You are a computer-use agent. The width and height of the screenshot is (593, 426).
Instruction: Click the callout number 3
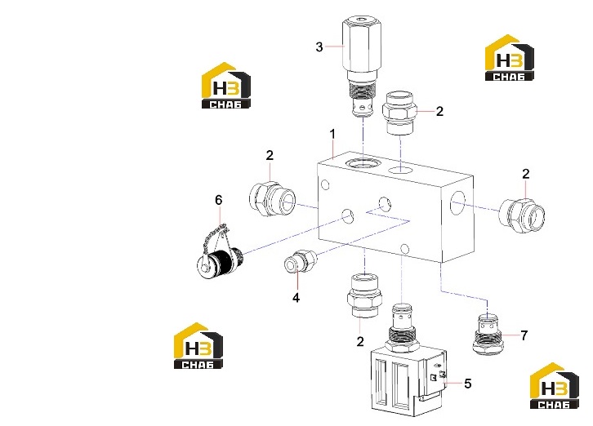[x=319, y=47]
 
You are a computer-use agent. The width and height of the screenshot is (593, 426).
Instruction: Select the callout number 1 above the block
[x=332, y=134]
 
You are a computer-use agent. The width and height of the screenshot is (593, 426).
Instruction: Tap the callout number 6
[x=219, y=200]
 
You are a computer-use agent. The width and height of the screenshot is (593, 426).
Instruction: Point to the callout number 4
[x=296, y=298]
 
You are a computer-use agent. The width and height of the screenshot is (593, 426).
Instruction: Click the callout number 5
[x=468, y=384]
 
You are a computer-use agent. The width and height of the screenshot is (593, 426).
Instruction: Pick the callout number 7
[x=524, y=335]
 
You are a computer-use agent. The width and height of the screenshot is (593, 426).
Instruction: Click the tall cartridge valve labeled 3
[x=361, y=67]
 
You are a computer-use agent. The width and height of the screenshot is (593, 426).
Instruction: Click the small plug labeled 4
[x=301, y=261]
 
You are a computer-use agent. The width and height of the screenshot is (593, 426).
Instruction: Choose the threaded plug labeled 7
[x=487, y=334]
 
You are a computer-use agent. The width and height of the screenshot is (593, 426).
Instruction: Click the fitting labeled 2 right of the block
[x=522, y=215]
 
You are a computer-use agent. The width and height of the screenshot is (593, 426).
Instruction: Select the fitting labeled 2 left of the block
[x=272, y=198]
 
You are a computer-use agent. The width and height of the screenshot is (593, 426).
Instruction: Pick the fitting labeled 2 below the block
[x=363, y=296]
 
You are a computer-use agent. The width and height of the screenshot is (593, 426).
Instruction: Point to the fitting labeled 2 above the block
[x=399, y=113]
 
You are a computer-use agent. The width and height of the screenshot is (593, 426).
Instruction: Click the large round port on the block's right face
[x=457, y=203]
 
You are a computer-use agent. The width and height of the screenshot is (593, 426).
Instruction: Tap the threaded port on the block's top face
[x=363, y=163]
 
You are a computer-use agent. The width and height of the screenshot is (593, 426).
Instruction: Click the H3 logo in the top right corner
[x=510, y=58]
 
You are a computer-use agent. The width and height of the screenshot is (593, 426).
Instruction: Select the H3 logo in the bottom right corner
[x=554, y=386]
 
